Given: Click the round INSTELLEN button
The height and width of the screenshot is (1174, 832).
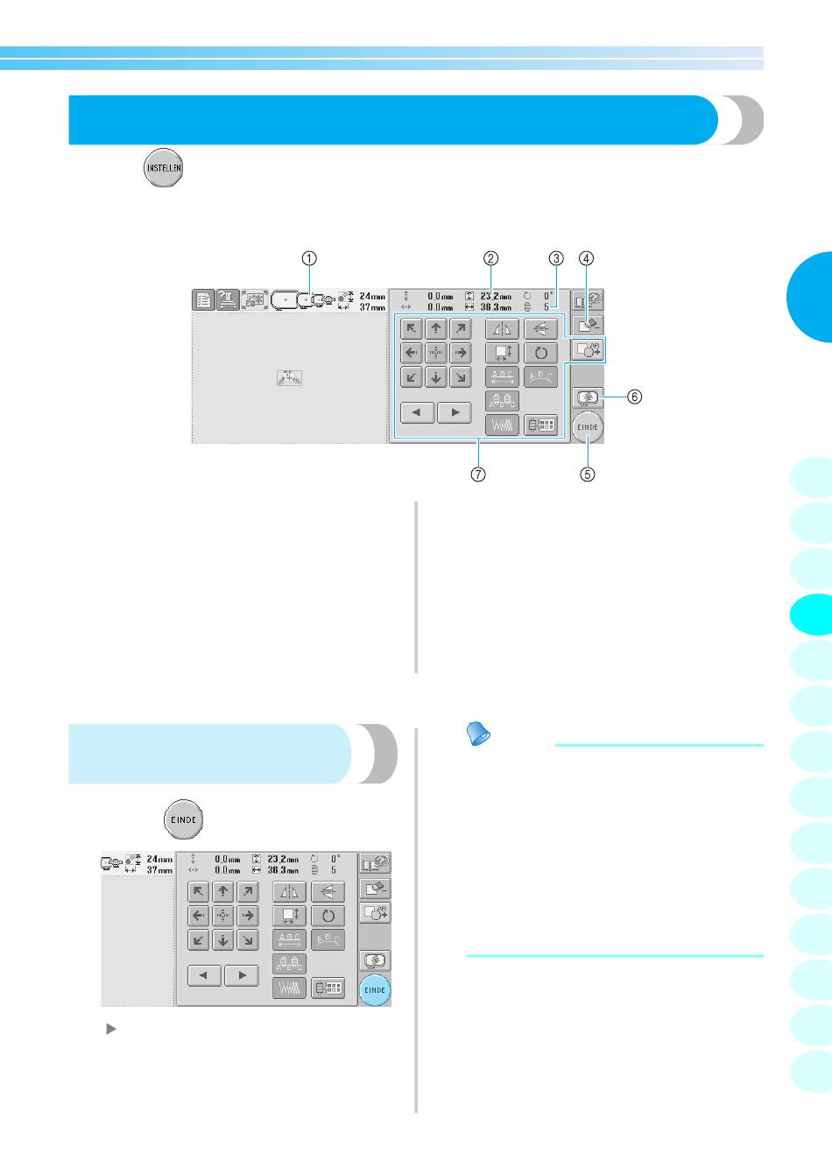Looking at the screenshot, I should (164, 166).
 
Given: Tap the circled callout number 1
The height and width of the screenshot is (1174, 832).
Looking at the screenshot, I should (309, 258).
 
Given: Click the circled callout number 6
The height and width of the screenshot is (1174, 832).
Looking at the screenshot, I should (634, 397).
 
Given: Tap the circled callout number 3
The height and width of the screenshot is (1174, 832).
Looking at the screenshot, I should (556, 258).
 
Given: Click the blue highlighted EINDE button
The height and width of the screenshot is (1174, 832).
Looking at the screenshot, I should (375, 990).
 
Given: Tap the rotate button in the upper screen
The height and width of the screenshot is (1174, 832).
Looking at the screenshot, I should (540, 353).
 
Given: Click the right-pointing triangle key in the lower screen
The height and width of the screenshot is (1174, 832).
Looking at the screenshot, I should (241, 974).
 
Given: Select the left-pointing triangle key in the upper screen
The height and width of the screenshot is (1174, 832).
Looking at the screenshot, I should (418, 411).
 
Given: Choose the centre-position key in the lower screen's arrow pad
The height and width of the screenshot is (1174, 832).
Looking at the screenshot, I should (223, 916).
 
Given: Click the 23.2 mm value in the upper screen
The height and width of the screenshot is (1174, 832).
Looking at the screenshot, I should (496, 297).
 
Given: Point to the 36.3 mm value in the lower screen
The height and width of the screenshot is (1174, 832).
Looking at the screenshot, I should (283, 870).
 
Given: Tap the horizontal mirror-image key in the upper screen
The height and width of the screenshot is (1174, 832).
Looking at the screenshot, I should (502, 329).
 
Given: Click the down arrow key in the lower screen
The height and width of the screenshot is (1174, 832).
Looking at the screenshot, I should (223, 940).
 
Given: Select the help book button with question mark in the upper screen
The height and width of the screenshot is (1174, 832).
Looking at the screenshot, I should (589, 299).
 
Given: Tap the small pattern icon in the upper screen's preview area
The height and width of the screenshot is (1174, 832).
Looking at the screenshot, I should (289, 378).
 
